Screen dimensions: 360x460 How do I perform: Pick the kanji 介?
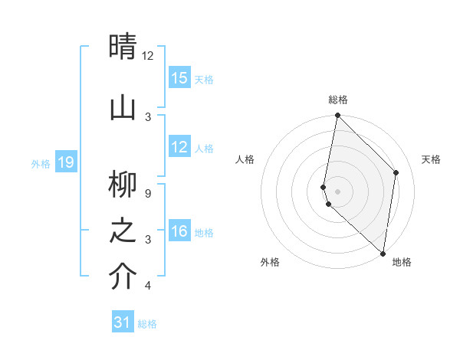123,277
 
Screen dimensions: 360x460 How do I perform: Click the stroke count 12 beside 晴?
148,56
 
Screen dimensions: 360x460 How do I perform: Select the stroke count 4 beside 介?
148,286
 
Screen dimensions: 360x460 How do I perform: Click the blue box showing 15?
179,78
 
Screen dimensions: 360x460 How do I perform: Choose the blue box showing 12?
179,147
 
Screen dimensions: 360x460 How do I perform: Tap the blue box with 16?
179,231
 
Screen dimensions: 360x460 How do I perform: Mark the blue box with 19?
66,162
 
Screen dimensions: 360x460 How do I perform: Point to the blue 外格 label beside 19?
41,163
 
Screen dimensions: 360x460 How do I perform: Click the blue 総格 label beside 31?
147,324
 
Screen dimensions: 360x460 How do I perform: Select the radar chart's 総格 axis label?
338,100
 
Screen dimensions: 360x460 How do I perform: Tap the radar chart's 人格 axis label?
245,159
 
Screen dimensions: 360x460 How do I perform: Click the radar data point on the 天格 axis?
396,172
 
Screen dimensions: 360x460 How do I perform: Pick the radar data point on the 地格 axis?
383,254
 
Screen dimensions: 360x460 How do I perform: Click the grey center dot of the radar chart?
338,191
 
